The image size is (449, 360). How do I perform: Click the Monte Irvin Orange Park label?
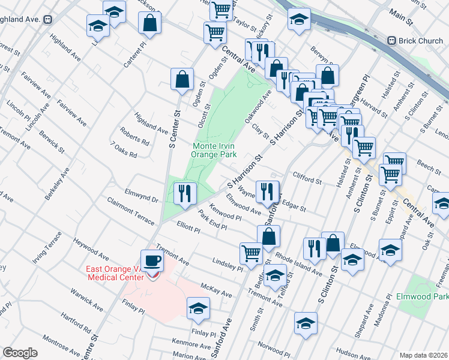click(x=214, y=150)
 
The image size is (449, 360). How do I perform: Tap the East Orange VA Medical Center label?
click(x=115, y=272)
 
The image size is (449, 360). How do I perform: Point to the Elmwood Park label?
click(x=423, y=296)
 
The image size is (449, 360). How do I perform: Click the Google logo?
click(x=20, y=353)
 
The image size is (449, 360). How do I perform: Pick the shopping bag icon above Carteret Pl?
click(x=149, y=23)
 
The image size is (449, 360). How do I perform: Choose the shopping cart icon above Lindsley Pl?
click(x=250, y=253)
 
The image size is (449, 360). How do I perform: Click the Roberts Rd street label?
click(x=134, y=136)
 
